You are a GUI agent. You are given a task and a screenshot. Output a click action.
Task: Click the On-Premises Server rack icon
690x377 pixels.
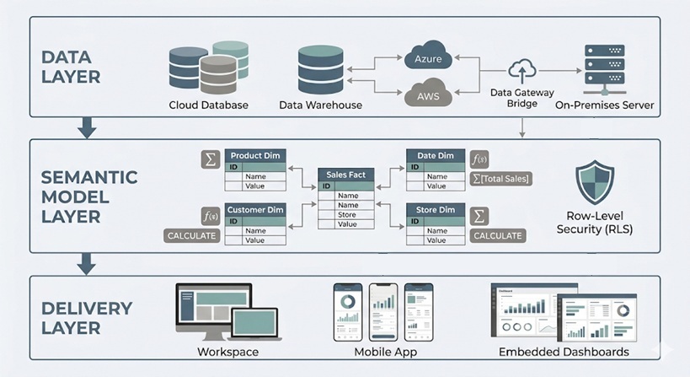[x=604, y=69]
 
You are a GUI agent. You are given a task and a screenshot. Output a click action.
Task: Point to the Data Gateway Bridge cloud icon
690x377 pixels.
[x=522, y=71]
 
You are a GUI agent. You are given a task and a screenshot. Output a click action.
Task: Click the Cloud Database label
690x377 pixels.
[x=207, y=105]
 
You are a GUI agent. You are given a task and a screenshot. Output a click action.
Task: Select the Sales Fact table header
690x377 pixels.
[x=347, y=175]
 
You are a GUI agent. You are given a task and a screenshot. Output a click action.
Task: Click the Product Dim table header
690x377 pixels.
[x=255, y=155]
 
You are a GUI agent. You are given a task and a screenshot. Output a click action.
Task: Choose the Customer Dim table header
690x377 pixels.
[x=255, y=209]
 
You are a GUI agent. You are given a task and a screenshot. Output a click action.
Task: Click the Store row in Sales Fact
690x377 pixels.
[x=347, y=215]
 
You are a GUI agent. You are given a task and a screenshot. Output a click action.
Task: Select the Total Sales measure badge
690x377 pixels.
[x=500, y=179]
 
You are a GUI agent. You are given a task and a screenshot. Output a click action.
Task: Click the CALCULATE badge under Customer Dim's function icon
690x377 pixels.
[x=191, y=235]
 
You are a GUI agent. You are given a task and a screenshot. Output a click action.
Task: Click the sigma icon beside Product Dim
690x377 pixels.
[x=211, y=159]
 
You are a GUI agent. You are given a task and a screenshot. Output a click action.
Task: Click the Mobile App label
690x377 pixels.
[x=384, y=352]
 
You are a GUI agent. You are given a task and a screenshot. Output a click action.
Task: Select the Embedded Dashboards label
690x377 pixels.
[x=563, y=352]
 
